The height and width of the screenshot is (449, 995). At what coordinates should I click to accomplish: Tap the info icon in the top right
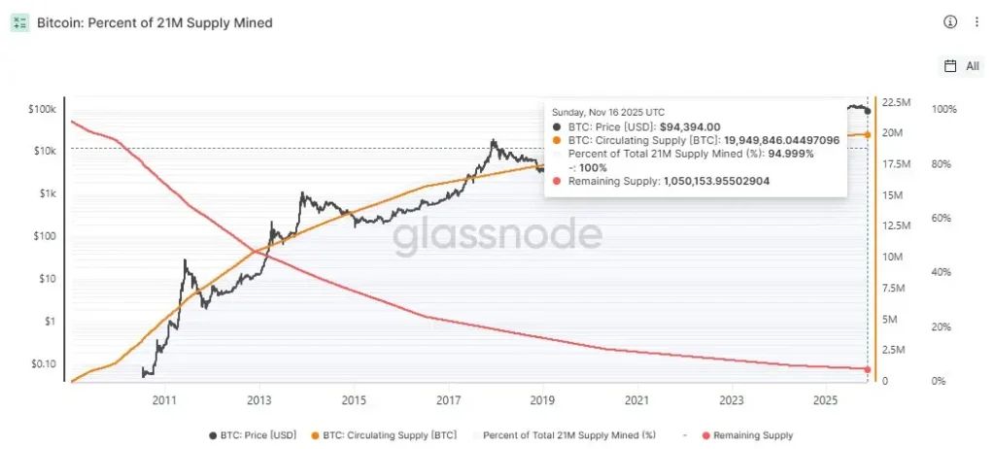950,21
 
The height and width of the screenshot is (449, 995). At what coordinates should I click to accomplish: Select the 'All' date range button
963,66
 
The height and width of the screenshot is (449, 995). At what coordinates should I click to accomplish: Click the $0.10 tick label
44,363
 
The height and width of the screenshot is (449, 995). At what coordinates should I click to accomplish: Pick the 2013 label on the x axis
258,399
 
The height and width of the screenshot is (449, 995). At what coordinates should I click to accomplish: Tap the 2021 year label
636,399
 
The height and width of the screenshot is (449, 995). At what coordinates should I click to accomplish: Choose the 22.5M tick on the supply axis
898,101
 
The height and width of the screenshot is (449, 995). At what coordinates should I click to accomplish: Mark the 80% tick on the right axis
943,164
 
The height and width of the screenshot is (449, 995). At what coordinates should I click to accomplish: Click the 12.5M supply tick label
898,225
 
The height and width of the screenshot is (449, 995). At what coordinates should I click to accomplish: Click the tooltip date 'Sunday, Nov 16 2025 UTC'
608,112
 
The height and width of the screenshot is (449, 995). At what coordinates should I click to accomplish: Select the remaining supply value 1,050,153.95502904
717,181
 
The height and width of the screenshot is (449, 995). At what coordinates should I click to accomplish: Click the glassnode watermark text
497,235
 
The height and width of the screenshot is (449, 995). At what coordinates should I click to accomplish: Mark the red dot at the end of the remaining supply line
867,368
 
